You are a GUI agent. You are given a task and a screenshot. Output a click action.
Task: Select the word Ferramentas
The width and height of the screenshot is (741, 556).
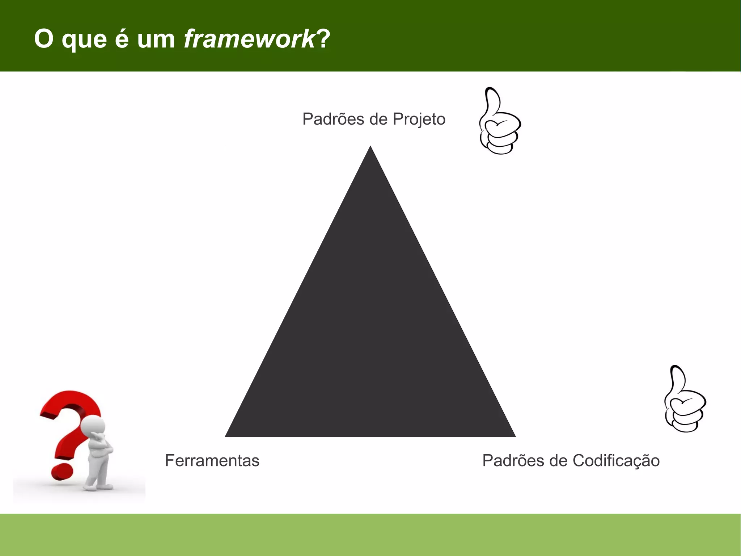[x=212, y=461]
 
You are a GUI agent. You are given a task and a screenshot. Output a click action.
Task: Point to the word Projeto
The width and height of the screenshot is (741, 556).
[x=419, y=119]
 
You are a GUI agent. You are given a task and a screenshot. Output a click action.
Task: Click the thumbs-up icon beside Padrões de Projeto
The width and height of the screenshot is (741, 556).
[x=500, y=121]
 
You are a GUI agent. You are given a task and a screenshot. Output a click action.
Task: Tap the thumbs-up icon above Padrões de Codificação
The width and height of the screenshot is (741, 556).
[x=685, y=399]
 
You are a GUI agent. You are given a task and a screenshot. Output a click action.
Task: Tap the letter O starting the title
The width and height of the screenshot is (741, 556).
[x=44, y=39]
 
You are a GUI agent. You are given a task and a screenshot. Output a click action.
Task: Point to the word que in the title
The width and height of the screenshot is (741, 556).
[x=84, y=39]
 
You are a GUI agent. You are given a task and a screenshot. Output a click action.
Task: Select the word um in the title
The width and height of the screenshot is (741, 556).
[x=156, y=39]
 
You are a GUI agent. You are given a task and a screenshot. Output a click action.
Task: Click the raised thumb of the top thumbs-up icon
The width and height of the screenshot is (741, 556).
[x=492, y=100]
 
